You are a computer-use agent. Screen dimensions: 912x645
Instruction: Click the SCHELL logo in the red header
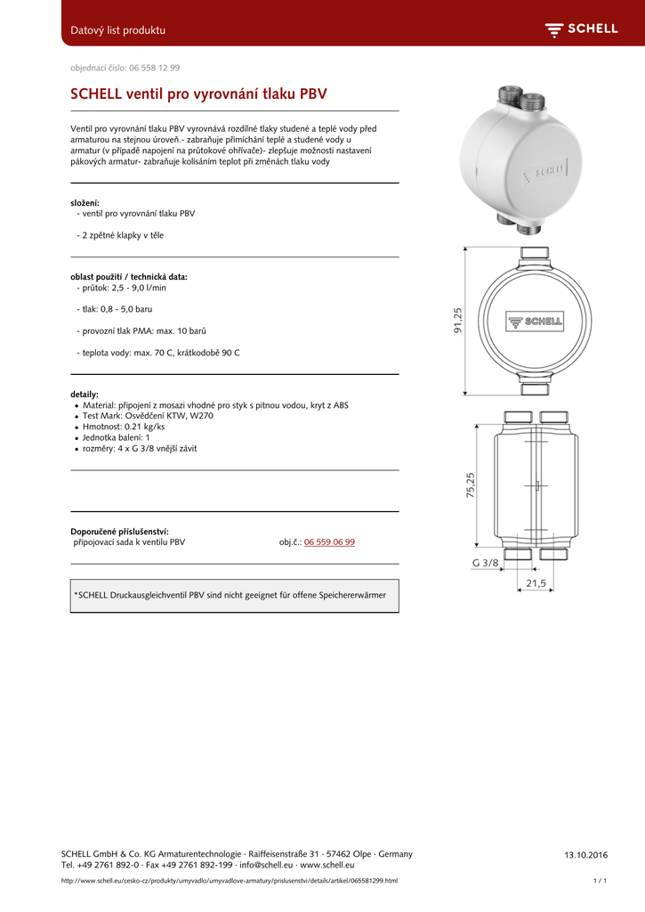pos(581,29)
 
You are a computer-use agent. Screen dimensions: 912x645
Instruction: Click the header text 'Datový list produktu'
pos(117,30)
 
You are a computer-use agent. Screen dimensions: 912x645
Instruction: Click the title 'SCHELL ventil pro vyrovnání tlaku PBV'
pos(198,94)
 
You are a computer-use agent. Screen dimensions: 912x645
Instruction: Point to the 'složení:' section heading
pos(85,203)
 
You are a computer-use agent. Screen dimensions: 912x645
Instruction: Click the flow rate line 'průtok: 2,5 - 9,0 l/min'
pos(124,288)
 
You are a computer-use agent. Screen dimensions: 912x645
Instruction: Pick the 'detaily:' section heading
pos(85,394)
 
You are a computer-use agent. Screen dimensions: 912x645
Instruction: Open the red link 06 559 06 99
pos(329,541)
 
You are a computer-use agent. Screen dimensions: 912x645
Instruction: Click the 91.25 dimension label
pos(458,321)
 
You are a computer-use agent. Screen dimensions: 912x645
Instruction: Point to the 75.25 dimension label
pos(471,485)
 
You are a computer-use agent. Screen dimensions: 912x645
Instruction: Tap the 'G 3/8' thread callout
pos(485,563)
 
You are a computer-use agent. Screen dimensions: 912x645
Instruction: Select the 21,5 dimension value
pos(536,583)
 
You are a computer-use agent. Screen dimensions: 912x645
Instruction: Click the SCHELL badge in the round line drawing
pos(535,322)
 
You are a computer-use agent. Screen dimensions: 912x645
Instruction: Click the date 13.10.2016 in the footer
pos(585,855)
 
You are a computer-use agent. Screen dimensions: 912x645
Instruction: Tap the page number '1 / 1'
pos(600,881)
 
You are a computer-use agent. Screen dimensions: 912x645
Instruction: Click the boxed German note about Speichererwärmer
pos(235,595)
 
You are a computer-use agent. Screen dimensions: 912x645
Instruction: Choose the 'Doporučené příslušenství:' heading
pos(119,531)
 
